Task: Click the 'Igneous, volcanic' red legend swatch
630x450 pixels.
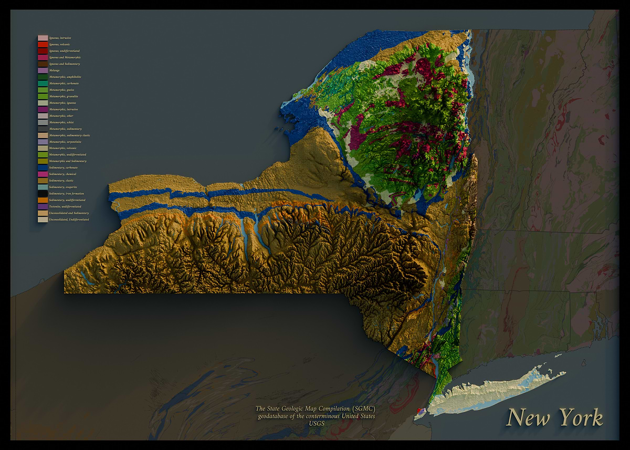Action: [x=43, y=45]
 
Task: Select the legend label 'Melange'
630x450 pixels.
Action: [x=54, y=70]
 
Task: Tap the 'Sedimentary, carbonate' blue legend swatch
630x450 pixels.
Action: [x=43, y=168]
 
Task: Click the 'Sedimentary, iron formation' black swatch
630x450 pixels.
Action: [x=43, y=194]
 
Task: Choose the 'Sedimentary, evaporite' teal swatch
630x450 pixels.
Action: [x=43, y=187]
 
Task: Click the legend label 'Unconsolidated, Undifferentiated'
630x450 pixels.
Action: [x=69, y=219]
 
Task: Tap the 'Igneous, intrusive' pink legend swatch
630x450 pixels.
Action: [x=43, y=38]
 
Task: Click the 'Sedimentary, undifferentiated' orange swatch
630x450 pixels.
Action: [x=43, y=200]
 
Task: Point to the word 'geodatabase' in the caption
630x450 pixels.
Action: [x=276, y=416]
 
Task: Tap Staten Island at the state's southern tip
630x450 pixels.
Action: [x=419, y=413]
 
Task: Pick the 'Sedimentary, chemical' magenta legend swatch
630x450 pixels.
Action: [x=43, y=174]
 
